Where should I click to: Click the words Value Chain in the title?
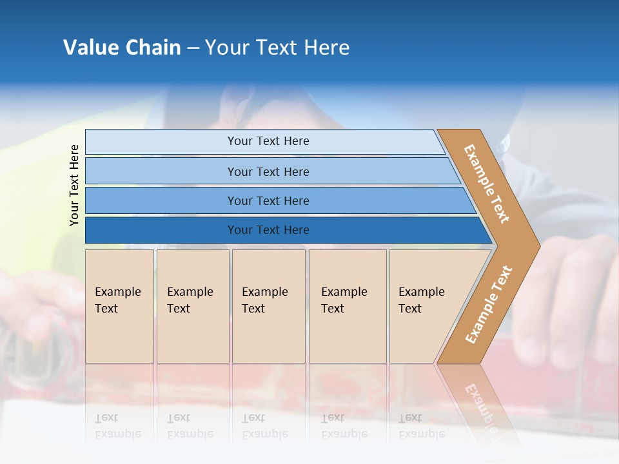122,48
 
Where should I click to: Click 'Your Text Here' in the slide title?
277,48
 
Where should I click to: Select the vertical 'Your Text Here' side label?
74,186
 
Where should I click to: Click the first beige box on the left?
119,306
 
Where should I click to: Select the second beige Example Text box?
192,306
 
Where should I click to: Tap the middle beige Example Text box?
268,306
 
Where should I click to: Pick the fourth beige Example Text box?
348,306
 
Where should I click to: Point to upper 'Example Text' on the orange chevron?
487,184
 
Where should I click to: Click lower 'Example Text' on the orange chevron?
488,304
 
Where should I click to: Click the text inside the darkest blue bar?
268,230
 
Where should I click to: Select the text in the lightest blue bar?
268,141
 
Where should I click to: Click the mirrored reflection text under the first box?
117,426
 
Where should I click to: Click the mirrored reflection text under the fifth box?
421,426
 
